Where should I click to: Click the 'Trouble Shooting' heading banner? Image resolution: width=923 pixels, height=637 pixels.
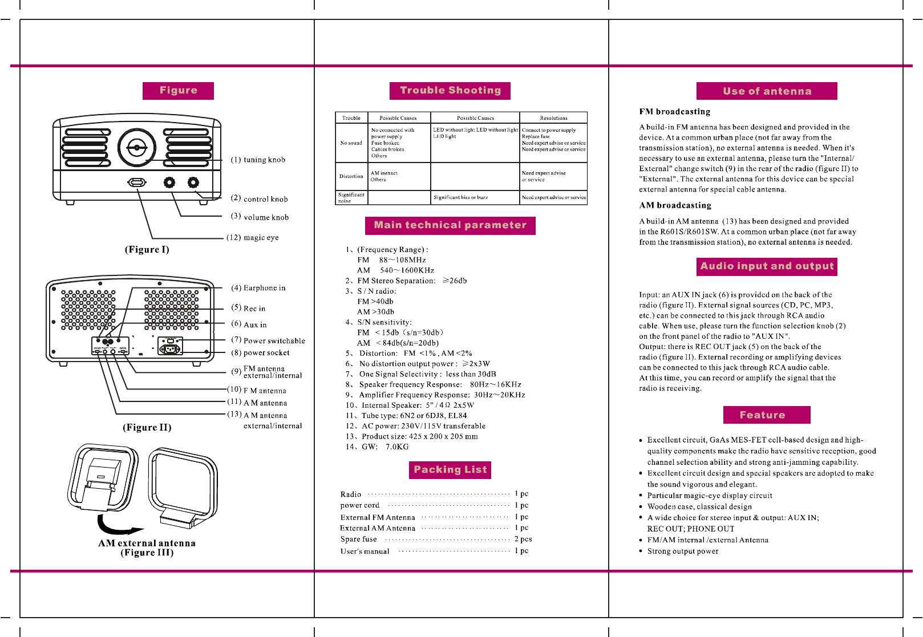click(450, 91)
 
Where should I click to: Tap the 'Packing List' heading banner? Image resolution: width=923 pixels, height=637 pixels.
click(450, 470)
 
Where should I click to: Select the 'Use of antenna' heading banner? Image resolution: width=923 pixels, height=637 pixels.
click(767, 91)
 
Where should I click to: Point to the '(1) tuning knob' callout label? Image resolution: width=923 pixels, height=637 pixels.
click(258, 160)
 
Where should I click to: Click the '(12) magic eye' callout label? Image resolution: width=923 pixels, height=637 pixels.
click(253, 237)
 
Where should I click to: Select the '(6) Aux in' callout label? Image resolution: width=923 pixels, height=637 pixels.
click(249, 324)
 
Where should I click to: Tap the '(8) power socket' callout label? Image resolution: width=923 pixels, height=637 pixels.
click(260, 352)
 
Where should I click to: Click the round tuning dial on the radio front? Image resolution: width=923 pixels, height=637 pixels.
click(137, 148)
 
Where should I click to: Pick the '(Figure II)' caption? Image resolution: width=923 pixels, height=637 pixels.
click(147, 427)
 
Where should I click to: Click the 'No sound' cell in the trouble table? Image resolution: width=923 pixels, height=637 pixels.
click(351, 143)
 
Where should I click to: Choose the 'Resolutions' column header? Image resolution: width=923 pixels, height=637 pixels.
click(553, 118)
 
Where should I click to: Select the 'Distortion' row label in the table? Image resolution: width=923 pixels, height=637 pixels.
click(351, 176)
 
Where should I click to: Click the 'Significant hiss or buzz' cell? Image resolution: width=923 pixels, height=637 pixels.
click(460, 197)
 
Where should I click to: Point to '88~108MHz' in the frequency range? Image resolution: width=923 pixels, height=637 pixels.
click(402, 260)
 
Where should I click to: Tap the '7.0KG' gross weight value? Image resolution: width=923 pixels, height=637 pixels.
click(397, 447)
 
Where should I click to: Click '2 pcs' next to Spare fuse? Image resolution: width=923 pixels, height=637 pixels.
click(523, 539)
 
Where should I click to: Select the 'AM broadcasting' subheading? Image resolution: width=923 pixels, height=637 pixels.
click(675, 205)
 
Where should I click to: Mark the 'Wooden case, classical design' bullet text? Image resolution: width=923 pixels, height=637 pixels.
click(699, 506)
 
